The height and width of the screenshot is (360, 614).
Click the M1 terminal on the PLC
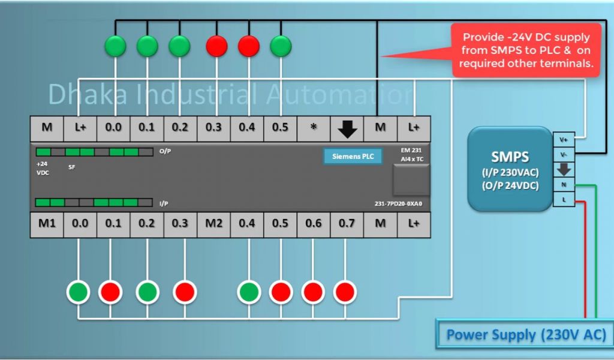pyautogui.click(x=47, y=224)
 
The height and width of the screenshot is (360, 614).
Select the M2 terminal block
pyautogui.click(x=213, y=224)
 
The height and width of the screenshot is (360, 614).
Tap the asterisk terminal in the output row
pyautogui.click(x=314, y=127)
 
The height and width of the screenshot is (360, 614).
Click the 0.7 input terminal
pyautogui.click(x=346, y=224)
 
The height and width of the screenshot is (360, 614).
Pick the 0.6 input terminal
pyautogui.click(x=313, y=224)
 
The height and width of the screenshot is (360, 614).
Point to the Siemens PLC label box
pyautogui.click(x=353, y=157)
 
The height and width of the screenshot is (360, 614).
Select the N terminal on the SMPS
pyautogui.click(x=564, y=185)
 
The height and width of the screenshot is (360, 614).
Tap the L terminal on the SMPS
pyautogui.click(x=564, y=200)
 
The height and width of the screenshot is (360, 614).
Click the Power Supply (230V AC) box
pyautogui.click(x=526, y=334)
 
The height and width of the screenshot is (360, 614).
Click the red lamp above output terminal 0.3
pyautogui.click(x=216, y=46)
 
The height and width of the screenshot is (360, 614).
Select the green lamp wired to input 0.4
pyautogui.click(x=249, y=292)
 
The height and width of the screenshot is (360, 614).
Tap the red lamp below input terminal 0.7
pyautogui.click(x=345, y=292)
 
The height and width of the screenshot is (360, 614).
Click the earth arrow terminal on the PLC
pyautogui.click(x=347, y=127)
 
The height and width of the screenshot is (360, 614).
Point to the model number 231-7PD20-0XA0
pyautogui.click(x=398, y=203)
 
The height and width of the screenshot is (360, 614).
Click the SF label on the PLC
pyautogui.click(x=72, y=167)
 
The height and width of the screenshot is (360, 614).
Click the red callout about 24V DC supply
pyautogui.click(x=526, y=50)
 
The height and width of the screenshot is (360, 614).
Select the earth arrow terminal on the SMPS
pyautogui.click(x=564, y=170)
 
